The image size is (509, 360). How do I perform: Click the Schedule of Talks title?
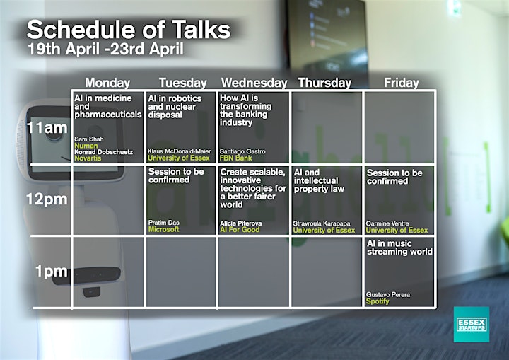(x=129, y=30)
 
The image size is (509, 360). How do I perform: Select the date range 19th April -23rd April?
(x=105, y=49)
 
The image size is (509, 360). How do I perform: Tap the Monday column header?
(x=107, y=83)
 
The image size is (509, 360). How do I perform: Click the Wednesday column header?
(x=255, y=83)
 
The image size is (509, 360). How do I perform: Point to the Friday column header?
(x=402, y=83)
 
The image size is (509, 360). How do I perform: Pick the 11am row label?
(x=47, y=128)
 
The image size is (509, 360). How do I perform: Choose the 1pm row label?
(x=52, y=272)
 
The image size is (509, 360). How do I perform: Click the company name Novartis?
(x=88, y=158)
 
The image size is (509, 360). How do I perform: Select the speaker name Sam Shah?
(x=89, y=139)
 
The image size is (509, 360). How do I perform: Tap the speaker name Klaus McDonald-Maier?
(x=179, y=151)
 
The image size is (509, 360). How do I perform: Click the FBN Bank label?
(x=235, y=158)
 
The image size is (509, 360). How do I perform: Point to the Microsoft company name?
(x=163, y=229)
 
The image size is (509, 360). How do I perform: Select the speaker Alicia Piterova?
(x=241, y=223)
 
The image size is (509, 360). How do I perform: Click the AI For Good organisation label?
(x=240, y=230)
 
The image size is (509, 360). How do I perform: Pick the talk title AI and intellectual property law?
(x=319, y=180)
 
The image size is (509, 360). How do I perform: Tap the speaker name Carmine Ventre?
(x=387, y=223)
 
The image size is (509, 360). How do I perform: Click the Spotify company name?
(x=378, y=301)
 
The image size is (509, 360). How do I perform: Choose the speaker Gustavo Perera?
(x=388, y=295)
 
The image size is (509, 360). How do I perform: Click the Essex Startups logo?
(x=472, y=324)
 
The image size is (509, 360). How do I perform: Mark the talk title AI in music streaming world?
(x=399, y=248)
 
